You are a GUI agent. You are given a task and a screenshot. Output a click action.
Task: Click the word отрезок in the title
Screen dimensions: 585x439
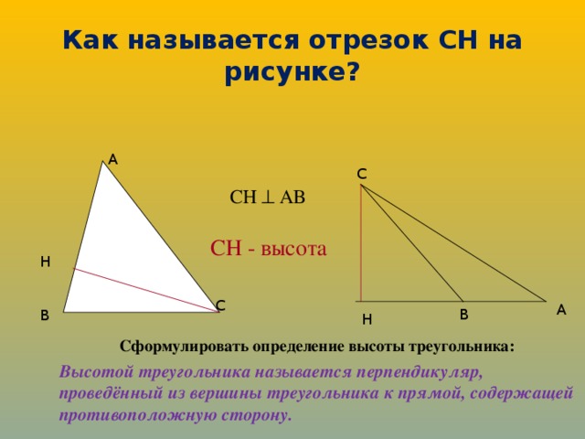tap(368, 40)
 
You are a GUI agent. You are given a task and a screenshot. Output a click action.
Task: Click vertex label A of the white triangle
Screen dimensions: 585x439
tap(112, 160)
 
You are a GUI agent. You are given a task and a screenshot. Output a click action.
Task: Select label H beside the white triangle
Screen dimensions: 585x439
tap(45, 262)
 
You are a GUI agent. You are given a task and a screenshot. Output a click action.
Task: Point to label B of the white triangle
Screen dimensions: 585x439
tap(45, 316)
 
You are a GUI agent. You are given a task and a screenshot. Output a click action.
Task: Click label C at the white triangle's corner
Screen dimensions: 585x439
tap(220, 305)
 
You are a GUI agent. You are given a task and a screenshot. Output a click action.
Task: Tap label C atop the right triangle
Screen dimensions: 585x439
tap(362, 174)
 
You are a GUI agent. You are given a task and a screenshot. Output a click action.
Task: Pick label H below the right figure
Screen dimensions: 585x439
tap(367, 319)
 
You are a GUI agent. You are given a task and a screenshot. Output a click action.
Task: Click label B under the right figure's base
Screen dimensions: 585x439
tap(463, 315)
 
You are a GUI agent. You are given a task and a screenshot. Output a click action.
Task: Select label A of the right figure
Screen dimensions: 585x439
tap(561, 310)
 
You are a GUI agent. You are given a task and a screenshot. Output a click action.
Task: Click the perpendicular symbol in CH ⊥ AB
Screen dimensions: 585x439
tap(268, 198)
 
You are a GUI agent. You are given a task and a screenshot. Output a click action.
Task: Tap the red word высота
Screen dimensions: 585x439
tap(293, 249)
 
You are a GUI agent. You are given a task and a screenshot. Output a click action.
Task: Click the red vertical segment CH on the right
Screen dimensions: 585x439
tap(361, 243)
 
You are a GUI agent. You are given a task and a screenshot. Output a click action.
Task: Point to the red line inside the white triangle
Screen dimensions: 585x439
tap(145, 290)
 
